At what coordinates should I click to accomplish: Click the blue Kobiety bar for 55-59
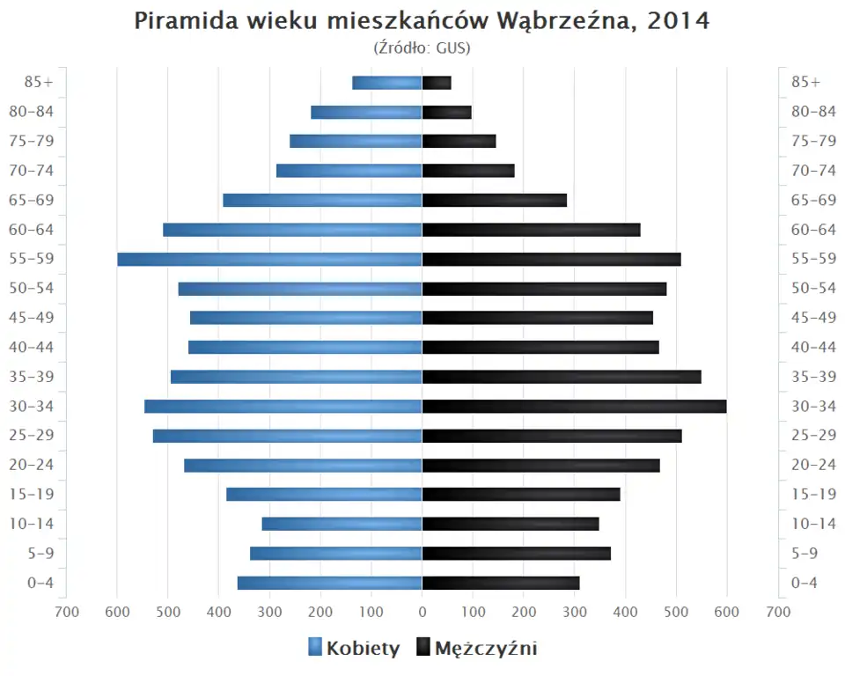pyautogui.click(x=269, y=259)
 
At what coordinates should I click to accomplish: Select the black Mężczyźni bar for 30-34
pyautogui.click(x=574, y=406)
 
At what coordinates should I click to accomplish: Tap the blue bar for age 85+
pyautogui.click(x=387, y=83)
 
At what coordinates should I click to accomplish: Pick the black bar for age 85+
pyautogui.click(x=437, y=83)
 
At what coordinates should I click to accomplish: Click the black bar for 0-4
pyautogui.click(x=501, y=583)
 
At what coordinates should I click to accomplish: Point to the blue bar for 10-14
pyautogui.click(x=342, y=524)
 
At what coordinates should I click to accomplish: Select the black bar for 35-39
pyautogui.click(x=562, y=377)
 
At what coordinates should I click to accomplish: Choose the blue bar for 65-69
pyautogui.click(x=322, y=200)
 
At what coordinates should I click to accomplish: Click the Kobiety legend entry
pyautogui.click(x=354, y=649)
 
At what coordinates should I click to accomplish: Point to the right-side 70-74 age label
pyautogui.click(x=813, y=171)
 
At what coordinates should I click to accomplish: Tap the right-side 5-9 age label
pyautogui.click(x=806, y=553)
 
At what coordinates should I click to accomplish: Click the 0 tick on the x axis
pyautogui.click(x=422, y=612)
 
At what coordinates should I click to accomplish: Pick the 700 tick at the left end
pyautogui.click(x=66, y=612)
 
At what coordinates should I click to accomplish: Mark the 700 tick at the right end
pyautogui.click(x=777, y=612)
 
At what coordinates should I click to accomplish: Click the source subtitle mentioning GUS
pyautogui.click(x=422, y=48)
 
